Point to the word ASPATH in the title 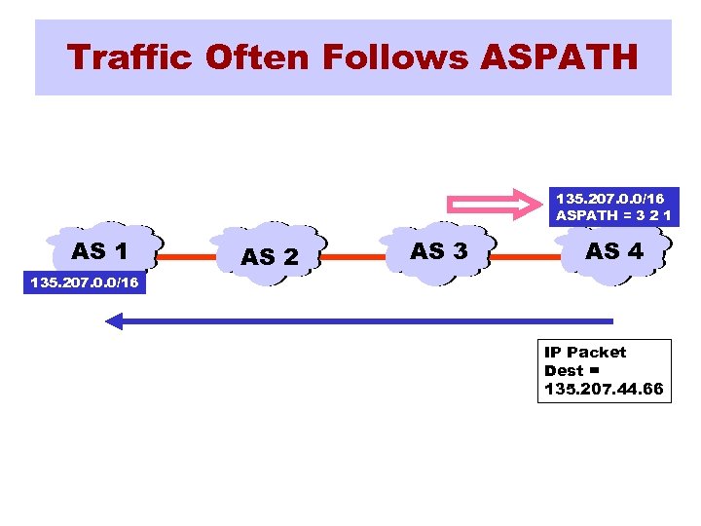[559, 57]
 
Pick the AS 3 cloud [438, 251]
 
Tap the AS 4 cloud [613, 251]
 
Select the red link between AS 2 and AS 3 [354, 257]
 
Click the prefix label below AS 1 [85, 283]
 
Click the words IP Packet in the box [585, 352]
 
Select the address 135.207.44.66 [604, 390]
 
